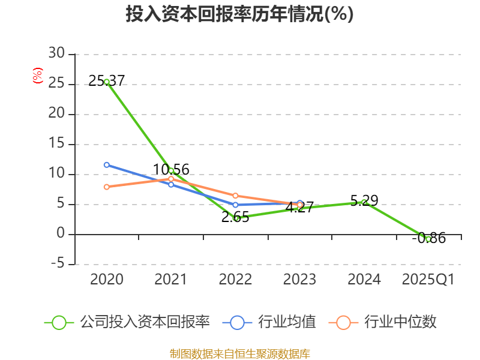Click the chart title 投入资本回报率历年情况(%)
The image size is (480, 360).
point(239,14)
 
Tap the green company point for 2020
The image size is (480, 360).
point(107,82)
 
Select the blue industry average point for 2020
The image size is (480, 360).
point(107,164)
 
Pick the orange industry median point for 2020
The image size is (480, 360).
point(107,187)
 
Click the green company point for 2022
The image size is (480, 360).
point(236,218)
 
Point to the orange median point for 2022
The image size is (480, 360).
point(236,196)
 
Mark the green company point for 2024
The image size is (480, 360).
point(364,202)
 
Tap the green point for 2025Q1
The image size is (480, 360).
point(428,239)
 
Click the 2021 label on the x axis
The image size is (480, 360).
point(171,280)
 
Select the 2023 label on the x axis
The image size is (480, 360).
point(299,280)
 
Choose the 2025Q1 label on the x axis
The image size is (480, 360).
point(428,280)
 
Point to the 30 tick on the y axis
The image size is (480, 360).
point(57,54)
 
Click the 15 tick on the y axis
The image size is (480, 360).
point(57,144)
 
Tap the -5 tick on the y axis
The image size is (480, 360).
point(57,264)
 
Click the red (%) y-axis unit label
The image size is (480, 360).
point(38,76)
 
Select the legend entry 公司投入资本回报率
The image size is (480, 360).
point(145,322)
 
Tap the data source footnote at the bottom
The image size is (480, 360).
point(239,353)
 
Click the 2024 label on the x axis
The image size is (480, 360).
point(364,280)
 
